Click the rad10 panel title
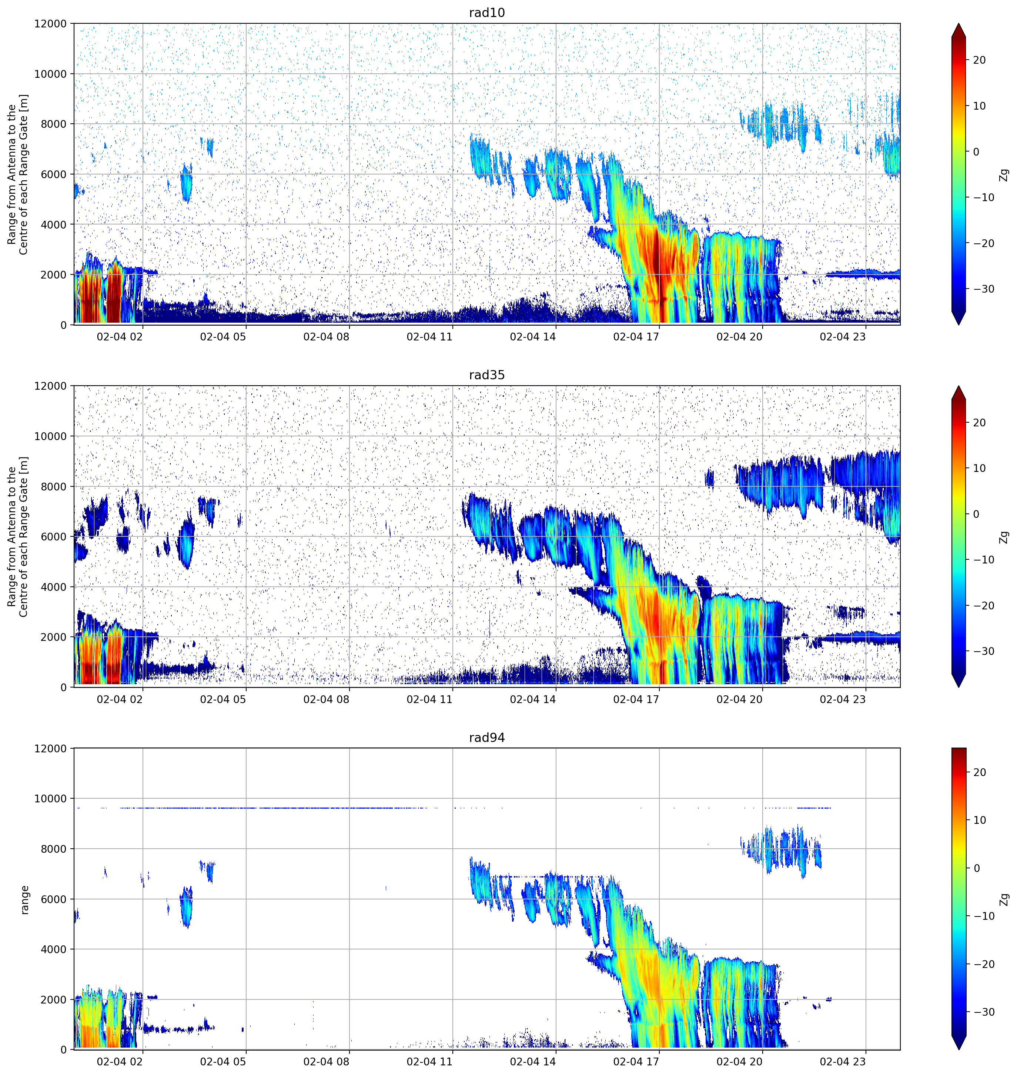pyautogui.click(x=487, y=13)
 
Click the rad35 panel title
pyautogui.click(x=487, y=375)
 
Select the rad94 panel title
pyautogui.click(x=487, y=738)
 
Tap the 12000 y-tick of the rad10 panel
pyautogui.click(x=50, y=24)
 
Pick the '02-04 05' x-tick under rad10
pyautogui.click(x=223, y=337)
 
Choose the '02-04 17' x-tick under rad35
pyautogui.click(x=636, y=699)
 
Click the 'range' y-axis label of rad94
pyautogui.click(x=24, y=900)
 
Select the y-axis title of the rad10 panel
pyautogui.click(x=17, y=174)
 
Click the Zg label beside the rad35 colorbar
pyautogui.click(x=1004, y=537)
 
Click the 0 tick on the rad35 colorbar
pyautogui.click(x=976, y=514)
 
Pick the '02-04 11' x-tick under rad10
pyautogui.click(x=429, y=337)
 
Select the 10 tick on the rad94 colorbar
pyautogui.click(x=979, y=820)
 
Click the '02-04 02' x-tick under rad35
pyautogui.click(x=120, y=699)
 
